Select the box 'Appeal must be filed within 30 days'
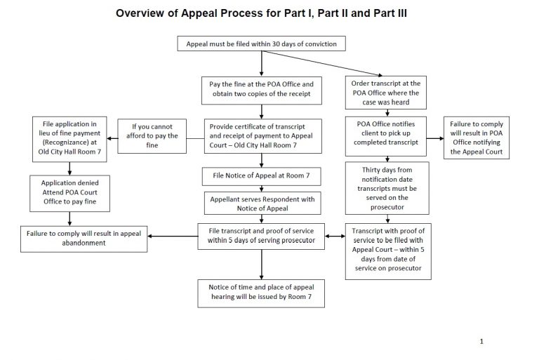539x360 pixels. click(x=262, y=44)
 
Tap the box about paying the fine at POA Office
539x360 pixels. click(x=262, y=90)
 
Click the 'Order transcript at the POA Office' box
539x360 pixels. click(x=385, y=93)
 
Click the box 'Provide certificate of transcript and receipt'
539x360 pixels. click(x=262, y=136)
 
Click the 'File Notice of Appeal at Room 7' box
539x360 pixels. click(x=262, y=175)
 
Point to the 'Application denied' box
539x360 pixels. click(x=69, y=191)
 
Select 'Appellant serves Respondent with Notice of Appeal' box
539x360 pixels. click(x=262, y=204)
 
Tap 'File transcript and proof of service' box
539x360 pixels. click(x=262, y=236)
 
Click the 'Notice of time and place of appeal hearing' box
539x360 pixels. click(x=262, y=293)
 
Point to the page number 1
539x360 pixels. click(x=482, y=341)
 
